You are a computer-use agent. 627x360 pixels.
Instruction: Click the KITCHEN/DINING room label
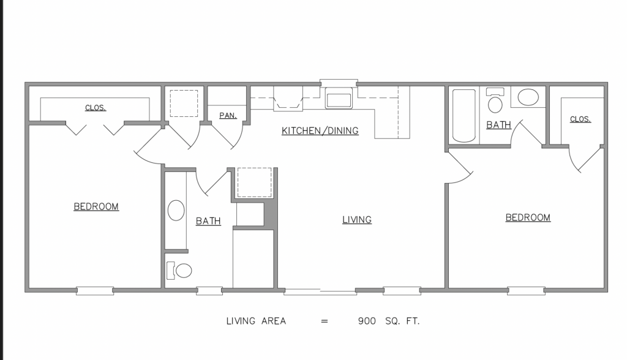[320, 131]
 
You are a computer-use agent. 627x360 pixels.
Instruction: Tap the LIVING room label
[357, 220]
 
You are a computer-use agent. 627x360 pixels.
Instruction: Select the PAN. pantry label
[228, 116]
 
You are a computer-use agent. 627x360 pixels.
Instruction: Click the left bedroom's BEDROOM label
[96, 207]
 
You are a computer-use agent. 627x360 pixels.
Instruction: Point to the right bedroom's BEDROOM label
[528, 217]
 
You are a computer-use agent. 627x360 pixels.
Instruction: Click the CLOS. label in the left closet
[96, 108]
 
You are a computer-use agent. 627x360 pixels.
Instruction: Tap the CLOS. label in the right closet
[580, 119]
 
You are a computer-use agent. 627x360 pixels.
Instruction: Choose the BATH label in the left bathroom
[208, 221]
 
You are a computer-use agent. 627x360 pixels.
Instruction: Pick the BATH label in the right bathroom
[498, 125]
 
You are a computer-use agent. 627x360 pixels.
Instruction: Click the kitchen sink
[339, 99]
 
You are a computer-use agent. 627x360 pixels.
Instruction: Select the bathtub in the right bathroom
[464, 116]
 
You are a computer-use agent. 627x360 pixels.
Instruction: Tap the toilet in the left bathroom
[179, 271]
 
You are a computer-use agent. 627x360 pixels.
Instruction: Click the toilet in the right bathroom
[495, 100]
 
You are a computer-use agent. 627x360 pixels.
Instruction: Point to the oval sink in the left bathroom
[176, 210]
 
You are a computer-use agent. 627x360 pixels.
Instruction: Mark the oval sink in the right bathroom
[528, 97]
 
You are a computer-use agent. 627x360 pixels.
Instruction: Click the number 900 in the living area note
[367, 321]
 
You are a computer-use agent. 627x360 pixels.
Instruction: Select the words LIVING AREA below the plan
[256, 321]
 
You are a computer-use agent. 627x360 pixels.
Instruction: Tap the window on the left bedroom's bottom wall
[95, 291]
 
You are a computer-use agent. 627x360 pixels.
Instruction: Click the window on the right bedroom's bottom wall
[526, 291]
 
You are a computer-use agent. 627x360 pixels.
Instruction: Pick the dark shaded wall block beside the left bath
[269, 214]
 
